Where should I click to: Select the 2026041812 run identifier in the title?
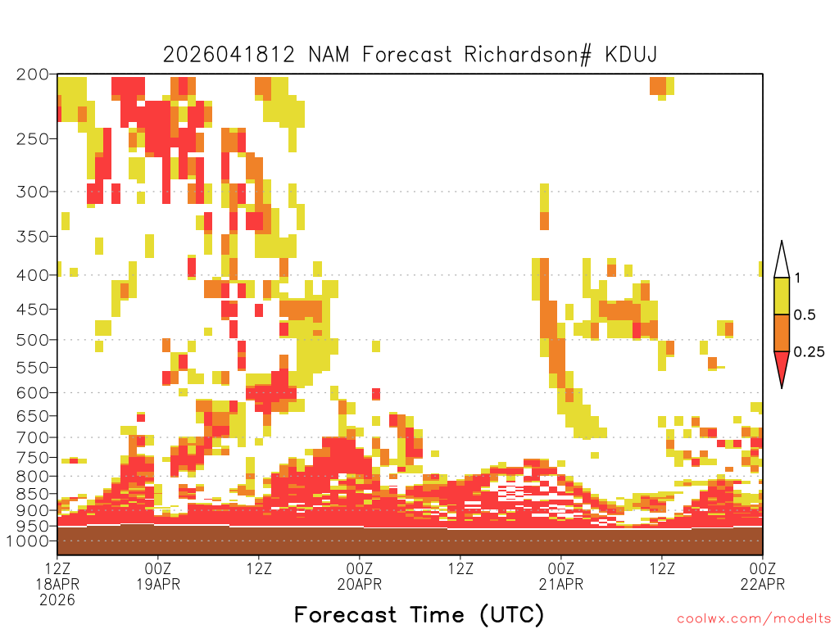coord(229,55)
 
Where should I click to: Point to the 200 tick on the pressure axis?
coord(32,75)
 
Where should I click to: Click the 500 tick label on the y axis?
coord(32,339)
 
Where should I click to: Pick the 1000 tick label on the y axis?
coord(29,541)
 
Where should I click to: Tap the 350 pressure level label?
coord(32,236)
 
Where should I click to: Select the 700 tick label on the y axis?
coord(32,437)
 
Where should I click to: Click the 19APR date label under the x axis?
coord(158,584)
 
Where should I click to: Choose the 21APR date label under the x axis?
coord(561,584)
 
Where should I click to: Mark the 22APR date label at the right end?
coord(763,584)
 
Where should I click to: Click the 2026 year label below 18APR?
coord(57,600)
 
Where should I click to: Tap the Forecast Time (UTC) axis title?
coord(419,614)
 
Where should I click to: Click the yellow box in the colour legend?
coord(782,296)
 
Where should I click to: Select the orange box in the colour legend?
coord(782,333)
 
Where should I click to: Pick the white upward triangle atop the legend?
coord(782,260)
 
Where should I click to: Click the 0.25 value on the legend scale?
coord(809,352)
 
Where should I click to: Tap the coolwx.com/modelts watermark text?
coord(754,618)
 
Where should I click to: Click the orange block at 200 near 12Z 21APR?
coord(657,84)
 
